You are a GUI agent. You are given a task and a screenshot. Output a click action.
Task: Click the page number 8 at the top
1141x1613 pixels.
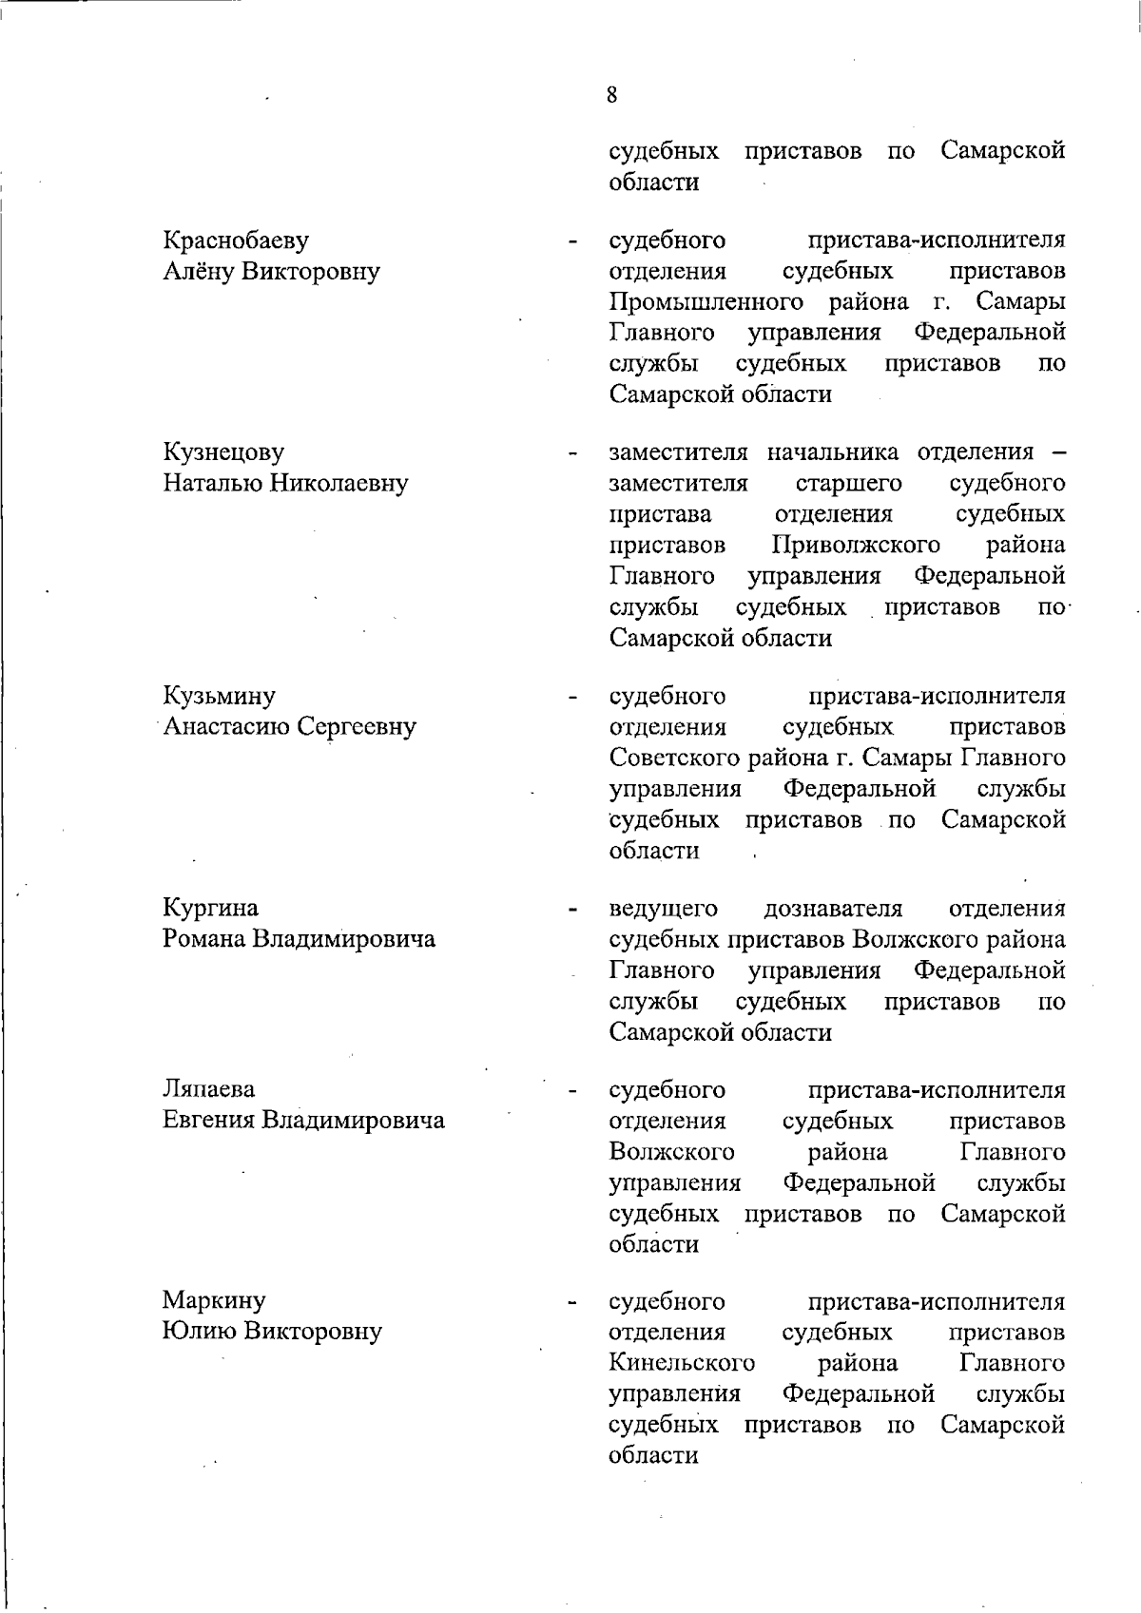click(x=610, y=94)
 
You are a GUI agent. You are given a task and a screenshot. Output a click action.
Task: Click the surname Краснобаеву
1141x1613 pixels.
click(x=236, y=240)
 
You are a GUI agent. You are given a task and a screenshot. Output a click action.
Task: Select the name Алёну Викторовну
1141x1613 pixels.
click(x=271, y=272)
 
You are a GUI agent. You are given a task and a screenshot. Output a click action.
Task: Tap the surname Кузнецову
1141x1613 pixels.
click(x=223, y=452)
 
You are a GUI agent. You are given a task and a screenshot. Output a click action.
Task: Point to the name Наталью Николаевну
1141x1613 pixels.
click(x=285, y=483)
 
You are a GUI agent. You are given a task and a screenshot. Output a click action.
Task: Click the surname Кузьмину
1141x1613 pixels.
click(x=219, y=696)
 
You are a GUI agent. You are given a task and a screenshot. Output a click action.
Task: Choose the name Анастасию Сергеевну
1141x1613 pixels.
click(x=289, y=727)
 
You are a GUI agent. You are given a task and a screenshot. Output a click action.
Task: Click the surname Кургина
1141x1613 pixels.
click(x=210, y=908)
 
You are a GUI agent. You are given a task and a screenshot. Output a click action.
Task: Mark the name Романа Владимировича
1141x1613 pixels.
click(x=299, y=939)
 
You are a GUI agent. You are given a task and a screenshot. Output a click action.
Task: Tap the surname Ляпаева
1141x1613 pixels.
click(x=208, y=1089)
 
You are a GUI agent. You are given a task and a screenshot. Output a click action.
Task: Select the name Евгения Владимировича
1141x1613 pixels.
click(x=303, y=1121)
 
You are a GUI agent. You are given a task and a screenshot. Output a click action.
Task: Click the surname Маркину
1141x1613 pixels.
click(x=214, y=1300)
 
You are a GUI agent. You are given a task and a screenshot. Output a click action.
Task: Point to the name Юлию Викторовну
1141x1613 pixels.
click(x=272, y=1332)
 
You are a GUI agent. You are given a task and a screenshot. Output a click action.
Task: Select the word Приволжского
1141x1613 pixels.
click(x=856, y=546)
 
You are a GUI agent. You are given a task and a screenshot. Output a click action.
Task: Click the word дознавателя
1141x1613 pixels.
click(x=833, y=909)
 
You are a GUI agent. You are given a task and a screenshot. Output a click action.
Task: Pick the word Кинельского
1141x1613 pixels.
click(x=682, y=1364)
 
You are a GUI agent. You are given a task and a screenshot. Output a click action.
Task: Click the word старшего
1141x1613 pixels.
click(x=848, y=484)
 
